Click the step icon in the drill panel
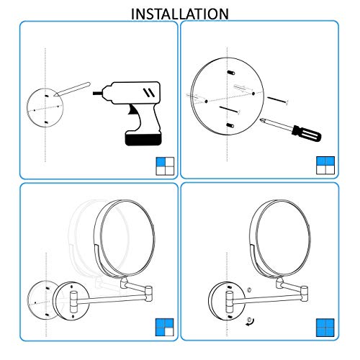pos(165,166)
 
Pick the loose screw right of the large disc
pos(277,99)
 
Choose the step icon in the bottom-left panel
pos(165,328)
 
